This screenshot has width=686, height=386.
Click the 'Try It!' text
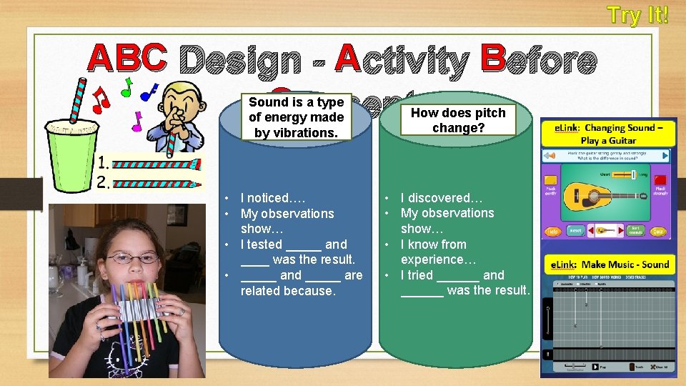click(638, 15)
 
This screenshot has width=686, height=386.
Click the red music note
click(101, 97)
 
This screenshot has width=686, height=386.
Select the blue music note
click(149, 91)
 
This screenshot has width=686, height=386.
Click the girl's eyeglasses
click(132, 257)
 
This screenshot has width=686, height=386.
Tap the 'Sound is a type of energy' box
click(296, 117)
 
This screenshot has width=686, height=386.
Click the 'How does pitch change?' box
click(458, 120)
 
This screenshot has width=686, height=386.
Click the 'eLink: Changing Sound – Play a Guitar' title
click(610, 134)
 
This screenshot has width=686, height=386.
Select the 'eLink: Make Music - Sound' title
click(610, 264)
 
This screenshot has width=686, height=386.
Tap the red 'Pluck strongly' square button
click(660, 181)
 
